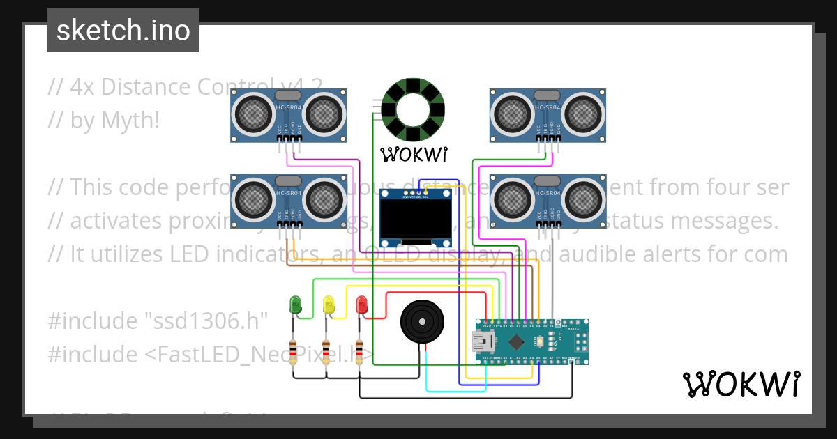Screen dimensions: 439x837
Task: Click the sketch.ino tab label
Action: click(x=123, y=31)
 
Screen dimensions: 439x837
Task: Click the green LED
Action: click(x=296, y=304)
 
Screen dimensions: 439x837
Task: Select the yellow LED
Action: click(x=329, y=304)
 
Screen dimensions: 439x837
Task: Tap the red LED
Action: click(x=361, y=305)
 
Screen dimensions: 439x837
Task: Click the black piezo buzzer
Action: click(x=422, y=321)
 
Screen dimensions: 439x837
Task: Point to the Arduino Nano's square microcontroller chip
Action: click(x=517, y=341)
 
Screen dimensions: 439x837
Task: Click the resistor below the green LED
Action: click(x=294, y=351)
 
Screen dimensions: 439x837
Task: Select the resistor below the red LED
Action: click(x=359, y=351)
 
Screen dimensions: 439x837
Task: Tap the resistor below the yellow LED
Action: click(x=326, y=351)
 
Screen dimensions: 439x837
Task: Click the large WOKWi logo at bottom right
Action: click(x=741, y=384)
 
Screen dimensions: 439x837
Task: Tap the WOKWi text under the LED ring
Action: click(x=413, y=153)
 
